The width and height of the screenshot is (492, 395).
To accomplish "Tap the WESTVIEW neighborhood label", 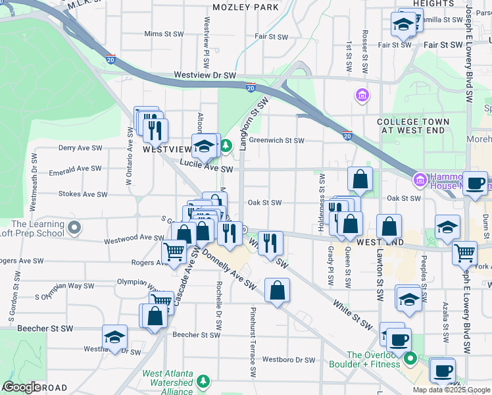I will (x=167, y=149).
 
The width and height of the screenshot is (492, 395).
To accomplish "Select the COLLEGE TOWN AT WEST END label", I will (x=413, y=126).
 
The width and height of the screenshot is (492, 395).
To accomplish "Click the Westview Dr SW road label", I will (x=205, y=76).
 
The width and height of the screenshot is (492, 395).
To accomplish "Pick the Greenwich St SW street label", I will (x=276, y=140).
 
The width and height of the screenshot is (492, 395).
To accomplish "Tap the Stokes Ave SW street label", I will (x=83, y=194).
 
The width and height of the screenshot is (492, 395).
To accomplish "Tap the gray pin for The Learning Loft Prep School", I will (x=74, y=228).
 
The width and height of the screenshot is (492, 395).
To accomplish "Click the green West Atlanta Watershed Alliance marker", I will (x=203, y=381).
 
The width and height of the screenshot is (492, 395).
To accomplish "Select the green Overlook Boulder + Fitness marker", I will (x=411, y=359).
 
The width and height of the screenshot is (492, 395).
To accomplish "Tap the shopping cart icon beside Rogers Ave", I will (x=174, y=251).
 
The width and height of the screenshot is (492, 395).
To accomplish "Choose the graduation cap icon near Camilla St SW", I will (x=403, y=26).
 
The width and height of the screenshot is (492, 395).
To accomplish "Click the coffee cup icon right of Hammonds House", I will (x=475, y=182).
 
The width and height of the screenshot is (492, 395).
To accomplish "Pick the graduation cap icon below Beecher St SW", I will (x=115, y=336).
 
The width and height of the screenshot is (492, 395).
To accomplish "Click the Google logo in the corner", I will (x=22, y=387).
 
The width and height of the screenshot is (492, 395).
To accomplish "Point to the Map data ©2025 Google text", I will (x=451, y=390).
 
